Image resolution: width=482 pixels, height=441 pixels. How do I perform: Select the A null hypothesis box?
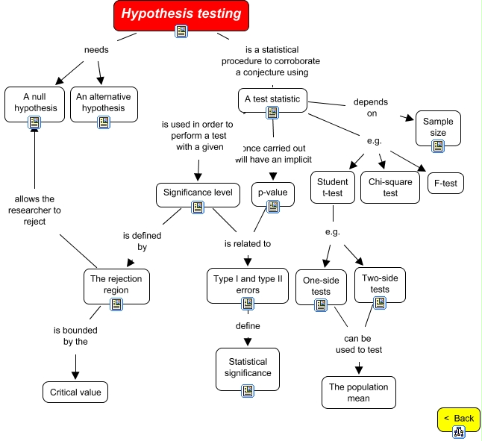(x=34, y=103)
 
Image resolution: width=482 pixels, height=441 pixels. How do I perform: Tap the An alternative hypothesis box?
(x=103, y=103)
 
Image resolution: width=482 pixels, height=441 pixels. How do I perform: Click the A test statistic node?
(x=272, y=98)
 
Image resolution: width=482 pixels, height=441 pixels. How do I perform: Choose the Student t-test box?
(x=333, y=187)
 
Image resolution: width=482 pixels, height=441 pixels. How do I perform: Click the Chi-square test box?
(x=390, y=187)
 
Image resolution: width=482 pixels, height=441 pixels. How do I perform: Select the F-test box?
(x=445, y=183)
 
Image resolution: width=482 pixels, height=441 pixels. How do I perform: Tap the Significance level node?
(x=198, y=193)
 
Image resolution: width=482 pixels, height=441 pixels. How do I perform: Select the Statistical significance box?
(x=248, y=367)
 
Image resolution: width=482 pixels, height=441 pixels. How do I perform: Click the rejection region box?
(x=116, y=284)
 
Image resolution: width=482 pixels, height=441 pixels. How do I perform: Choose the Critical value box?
(x=75, y=392)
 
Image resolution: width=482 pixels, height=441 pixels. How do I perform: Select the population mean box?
(x=359, y=392)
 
